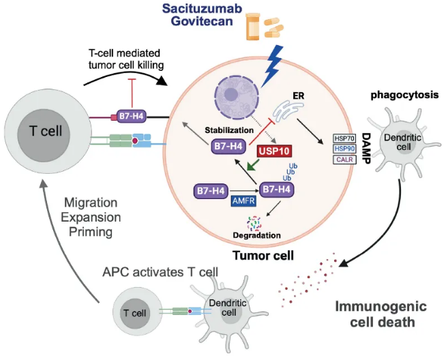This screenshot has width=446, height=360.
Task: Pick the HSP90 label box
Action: pyautogui.click(x=342, y=149)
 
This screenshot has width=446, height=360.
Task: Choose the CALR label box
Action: pyautogui.click(x=342, y=160)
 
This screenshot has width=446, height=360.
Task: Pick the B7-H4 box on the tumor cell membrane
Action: pyautogui.click(x=134, y=117)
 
